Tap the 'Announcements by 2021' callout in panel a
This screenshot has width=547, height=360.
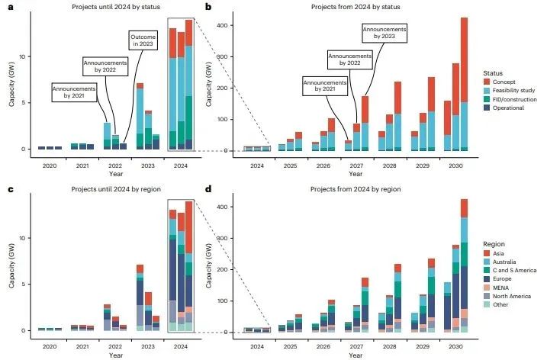pos(72,93)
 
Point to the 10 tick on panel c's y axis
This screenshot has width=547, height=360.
pos(24,238)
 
